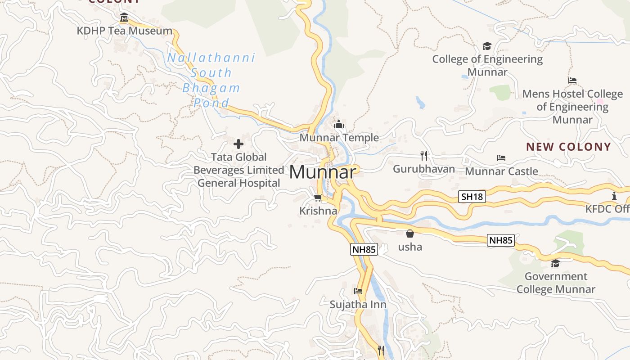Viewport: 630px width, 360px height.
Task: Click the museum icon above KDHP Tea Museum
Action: [x=124, y=18]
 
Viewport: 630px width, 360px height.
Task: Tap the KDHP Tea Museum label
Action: [x=125, y=31]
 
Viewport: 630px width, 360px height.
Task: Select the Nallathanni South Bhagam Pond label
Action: [x=211, y=80]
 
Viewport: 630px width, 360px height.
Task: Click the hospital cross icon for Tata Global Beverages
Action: [x=238, y=144]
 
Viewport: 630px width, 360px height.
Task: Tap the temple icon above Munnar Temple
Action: [x=339, y=124]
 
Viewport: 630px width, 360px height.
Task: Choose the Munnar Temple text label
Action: [x=339, y=138]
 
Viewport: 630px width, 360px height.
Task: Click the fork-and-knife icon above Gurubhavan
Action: [x=423, y=156]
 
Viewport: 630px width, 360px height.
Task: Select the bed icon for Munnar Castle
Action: [x=501, y=158]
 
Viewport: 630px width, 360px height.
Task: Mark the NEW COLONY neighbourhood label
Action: [x=569, y=147]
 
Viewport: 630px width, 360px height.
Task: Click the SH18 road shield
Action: [x=472, y=197]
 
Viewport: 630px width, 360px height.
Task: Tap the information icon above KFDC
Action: [x=614, y=196]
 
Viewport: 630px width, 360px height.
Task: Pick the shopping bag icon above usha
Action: [x=410, y=234]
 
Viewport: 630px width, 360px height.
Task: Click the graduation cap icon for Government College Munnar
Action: [x=556, y=263]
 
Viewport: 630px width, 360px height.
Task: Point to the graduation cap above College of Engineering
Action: [x=487, y=46]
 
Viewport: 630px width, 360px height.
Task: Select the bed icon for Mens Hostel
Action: [x=572, y=81]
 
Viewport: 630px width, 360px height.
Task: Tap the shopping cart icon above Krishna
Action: [x=318, y=198]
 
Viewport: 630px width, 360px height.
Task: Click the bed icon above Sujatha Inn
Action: [x=358, y=291]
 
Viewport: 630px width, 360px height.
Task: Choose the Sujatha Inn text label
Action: [x=358, y=305]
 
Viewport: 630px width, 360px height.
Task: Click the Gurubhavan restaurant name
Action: [x=424, y=169]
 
